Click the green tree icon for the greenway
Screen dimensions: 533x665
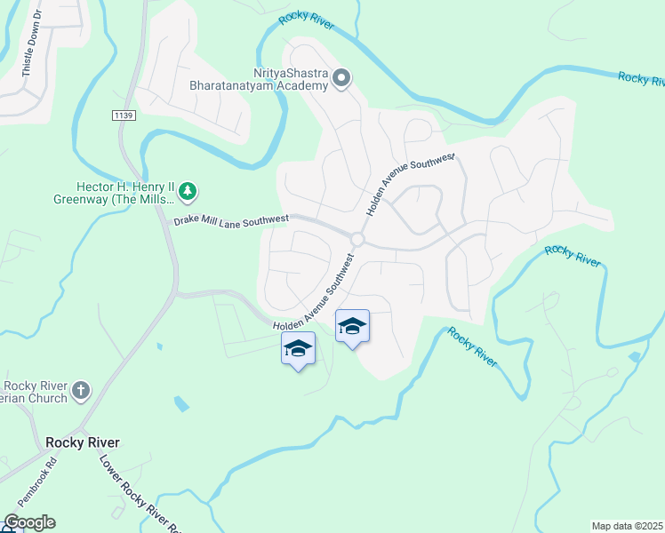point(188,190)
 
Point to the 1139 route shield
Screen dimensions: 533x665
point(124,116)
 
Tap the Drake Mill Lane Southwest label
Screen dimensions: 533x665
point(231,219)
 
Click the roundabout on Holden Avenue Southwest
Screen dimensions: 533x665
point(357,240)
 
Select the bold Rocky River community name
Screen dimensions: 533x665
point(82,442)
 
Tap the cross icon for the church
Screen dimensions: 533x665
point(81,389)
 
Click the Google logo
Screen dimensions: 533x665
point(28,522)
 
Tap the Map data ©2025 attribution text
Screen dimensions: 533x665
point(627,526)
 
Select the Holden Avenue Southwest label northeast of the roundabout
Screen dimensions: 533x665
point(411,184)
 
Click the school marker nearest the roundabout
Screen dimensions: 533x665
point(352,327)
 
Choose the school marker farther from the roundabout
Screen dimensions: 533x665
point(298,349)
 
